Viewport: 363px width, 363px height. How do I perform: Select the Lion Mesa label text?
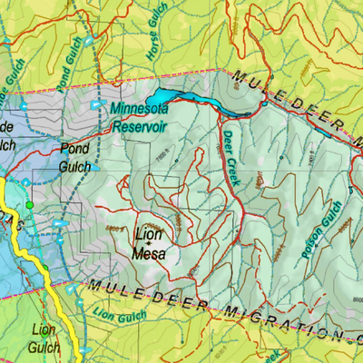pos(150,245)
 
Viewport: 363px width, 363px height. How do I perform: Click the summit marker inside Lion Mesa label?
pos(150,245)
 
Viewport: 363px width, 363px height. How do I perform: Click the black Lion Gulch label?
pos(45,338)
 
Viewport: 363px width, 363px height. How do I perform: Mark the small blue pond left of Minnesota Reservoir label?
pos(99,105)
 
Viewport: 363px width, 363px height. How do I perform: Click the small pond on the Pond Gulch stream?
pos(90,40)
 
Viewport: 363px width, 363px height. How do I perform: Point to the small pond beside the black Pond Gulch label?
pos(96,167)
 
